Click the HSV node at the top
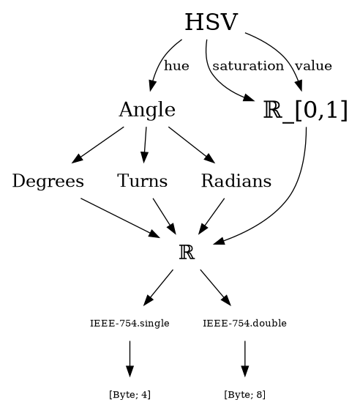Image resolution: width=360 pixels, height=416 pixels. click(x=211, y=22)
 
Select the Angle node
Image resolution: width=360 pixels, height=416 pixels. click(x=147, y=110)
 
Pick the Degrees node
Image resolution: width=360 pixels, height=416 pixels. click(x=48, y=181)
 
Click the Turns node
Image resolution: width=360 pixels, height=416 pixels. click(x=143, y=181)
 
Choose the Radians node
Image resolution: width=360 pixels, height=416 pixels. click(x=236, y=181)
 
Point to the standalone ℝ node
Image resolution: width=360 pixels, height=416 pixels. click(x=187, y=252)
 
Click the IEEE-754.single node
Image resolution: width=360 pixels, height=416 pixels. click(x=130, y=324)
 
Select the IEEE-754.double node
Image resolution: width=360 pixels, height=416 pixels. click(x=244, y=324)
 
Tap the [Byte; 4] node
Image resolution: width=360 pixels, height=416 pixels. click(x=130, y=395)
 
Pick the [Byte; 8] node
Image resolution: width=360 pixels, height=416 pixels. click(x=244, y=395)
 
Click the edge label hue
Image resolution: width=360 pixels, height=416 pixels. click(x=176, y=66)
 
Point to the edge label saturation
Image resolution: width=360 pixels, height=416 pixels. click(x=248, y=66)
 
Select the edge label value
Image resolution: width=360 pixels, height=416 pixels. click(x=313, y=66)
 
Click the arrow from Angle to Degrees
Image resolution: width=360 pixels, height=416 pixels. click(x=97, y=145)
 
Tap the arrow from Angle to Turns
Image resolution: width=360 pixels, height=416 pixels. click(x=145, y=145)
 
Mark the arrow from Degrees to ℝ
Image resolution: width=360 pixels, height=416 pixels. click(x=121, y=218)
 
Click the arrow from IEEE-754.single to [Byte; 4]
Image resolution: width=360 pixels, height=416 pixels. click(x=130, y=359)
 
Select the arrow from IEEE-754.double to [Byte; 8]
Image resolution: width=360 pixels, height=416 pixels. click(x=244, y=359)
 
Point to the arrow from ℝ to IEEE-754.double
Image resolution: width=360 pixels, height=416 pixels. click(x=216, y=288)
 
